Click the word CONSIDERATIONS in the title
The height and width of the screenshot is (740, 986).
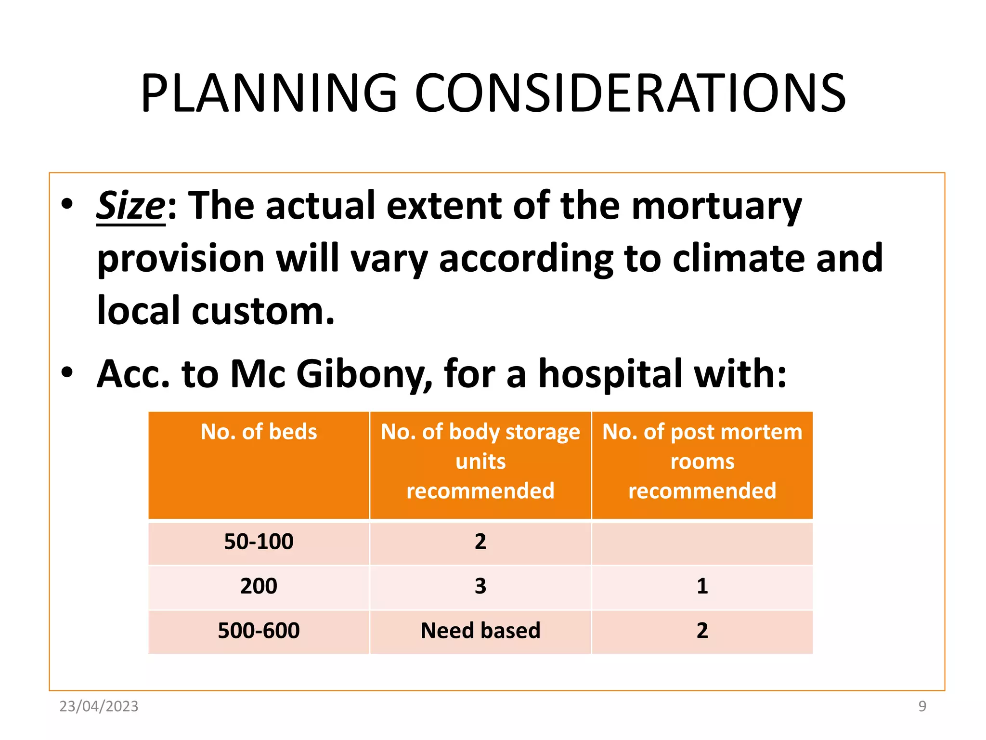pos(630,93)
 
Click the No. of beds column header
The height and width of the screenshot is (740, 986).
pos(259,432)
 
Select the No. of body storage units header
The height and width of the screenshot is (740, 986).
pos(480,461)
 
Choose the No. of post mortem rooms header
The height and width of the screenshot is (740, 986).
pos(702,461)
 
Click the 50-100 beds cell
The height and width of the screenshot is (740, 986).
pos(259,542)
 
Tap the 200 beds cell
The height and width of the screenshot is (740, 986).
pos(259,586)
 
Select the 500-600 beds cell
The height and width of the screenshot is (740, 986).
pos(259,631)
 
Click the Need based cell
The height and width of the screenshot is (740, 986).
pos(480,631)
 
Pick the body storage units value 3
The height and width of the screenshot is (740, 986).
pos(480,586)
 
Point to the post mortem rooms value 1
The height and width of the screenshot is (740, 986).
pos(702,586)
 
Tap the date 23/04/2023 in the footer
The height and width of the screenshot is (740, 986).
pos(99,706)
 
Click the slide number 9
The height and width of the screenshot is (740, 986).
pos(922,706)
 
